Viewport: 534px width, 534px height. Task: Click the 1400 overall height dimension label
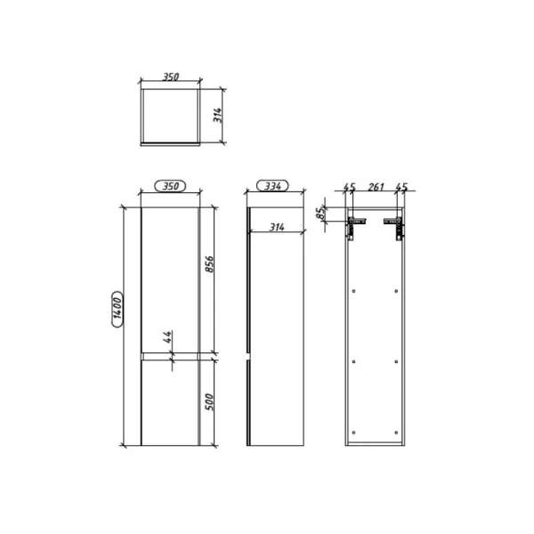117,307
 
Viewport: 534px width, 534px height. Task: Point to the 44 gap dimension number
167,337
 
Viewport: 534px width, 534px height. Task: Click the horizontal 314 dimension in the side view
277,228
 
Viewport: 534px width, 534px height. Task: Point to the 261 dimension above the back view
375,187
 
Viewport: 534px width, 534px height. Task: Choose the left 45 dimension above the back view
350,187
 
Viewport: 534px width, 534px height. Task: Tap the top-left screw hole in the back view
355,291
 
